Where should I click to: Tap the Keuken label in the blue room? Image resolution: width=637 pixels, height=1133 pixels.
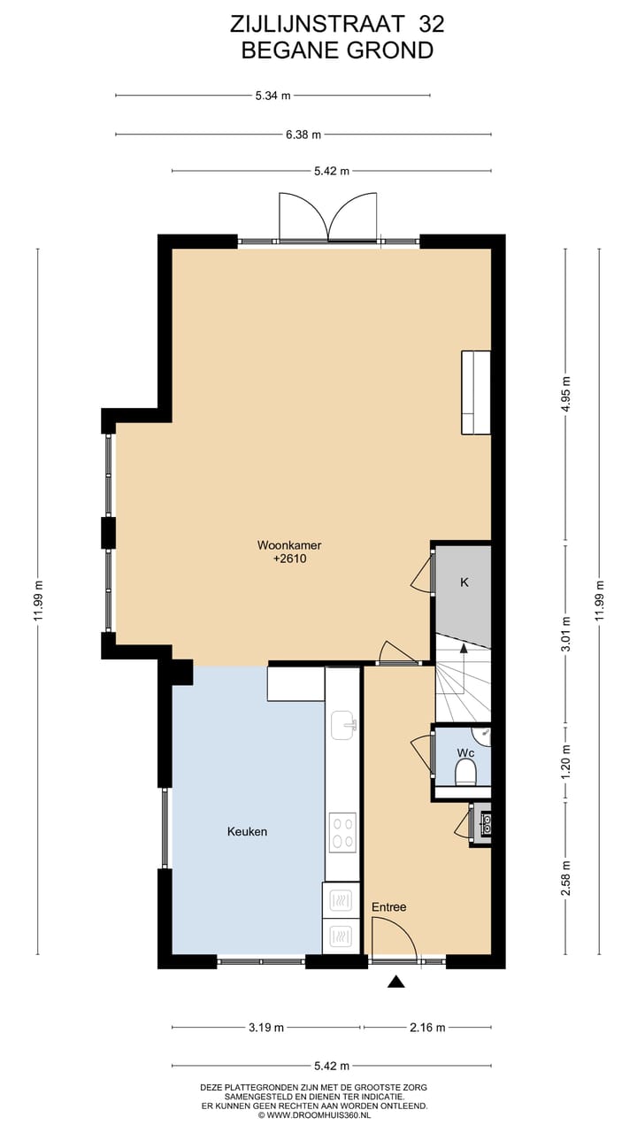pyautogui.click(x=247, y=832)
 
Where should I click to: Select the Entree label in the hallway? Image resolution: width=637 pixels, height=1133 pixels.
pyautogui.click(x=388, y=907)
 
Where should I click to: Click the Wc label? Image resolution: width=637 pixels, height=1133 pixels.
pyautogui.click(x=465, y=753)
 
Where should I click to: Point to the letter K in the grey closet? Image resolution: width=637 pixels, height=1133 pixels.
pyautogui.click(x=464, y=583)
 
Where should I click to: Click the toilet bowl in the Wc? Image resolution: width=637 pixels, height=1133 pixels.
pyautogui.click(x=465, y=775)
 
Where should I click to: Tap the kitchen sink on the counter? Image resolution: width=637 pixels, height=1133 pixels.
pyautogui.click(x=342, y=725)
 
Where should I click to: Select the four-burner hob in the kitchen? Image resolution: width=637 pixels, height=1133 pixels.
pyautogui.click(x=342, y=833)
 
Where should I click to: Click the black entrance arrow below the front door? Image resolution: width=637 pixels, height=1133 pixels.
pyautogui.click(x=396, y=981)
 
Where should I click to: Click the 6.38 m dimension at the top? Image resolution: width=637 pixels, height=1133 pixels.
pyautogui.click(x=303, y=135)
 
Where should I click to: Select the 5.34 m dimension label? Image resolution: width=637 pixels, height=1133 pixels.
pyautogui.click(x=273, y=96)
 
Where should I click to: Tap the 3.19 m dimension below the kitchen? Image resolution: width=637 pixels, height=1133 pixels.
pyautogui.click(x=266, y=1028)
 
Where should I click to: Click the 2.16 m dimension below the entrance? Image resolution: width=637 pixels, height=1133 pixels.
pyautogui.click(x=427, y=1028)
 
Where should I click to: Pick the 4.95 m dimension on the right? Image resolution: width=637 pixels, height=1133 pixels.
pyautogui.click(x=566, y=395)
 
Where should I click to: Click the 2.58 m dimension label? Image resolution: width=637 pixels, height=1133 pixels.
pyautogui.click(x=566, y=878)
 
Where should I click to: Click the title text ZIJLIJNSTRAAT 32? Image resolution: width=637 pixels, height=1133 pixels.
pyautogui.click(x=337, y=23)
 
